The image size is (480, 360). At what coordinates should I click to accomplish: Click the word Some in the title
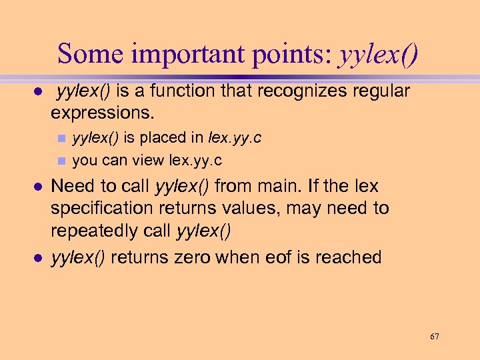click(x=89, y=53)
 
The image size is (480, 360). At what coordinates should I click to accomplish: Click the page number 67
click(x=434, y=337)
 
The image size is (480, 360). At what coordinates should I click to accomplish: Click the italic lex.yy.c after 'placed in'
click(x=235, y=138)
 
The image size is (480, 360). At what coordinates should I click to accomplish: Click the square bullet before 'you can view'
click(x=61, y=161)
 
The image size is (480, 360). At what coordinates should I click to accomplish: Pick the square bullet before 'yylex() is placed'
click(x=61, y=139)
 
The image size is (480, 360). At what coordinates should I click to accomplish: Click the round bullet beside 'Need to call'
click(x=39, y=186)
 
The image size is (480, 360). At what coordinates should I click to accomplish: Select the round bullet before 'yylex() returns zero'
click(x=39, y=258)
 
